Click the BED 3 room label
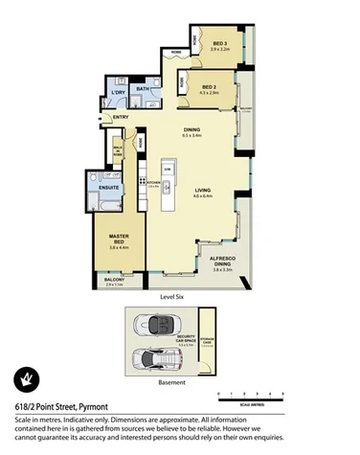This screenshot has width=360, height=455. [x=219, y=44]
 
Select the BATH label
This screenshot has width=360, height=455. [x=142, y=88]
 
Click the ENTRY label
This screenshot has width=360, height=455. [x=121, y=118]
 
